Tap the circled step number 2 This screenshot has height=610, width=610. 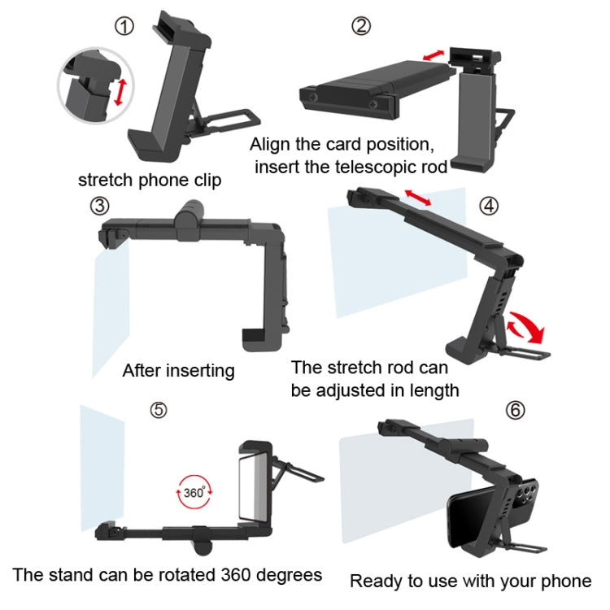[x=360, y=25]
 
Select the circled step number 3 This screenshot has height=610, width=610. [x=99, y=205]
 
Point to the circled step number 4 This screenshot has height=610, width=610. [x=487, y=205]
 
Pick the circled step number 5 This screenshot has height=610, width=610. [x=159, y=409]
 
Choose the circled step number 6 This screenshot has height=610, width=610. [x=515, y=409]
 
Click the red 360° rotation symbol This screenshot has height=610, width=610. [x=193, y=493]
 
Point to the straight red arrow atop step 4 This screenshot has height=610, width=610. [x=418, y=198]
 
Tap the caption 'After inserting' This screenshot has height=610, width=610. [x=178, y=371]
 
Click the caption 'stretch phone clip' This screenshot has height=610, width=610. [x=149, y=180]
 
